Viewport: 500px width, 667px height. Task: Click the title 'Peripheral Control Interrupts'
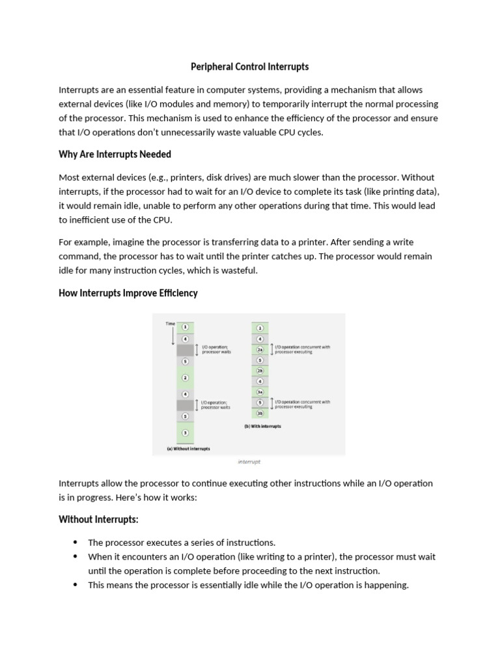pos(249,66)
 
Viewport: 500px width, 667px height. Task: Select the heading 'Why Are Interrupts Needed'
pos(115,154)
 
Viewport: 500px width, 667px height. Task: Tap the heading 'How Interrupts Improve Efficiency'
pos(128,293)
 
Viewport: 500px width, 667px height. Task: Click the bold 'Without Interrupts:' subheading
pos(98,519)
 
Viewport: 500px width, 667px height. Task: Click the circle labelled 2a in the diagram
pos(260,350)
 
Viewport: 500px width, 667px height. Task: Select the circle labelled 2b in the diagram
pos(260,370)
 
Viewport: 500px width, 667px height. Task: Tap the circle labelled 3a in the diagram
pos(260,391)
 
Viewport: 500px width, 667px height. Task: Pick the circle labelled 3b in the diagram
pos(260,413)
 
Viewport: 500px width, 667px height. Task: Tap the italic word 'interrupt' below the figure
pos(249,462)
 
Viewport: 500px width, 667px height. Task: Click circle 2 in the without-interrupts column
pos(185,378)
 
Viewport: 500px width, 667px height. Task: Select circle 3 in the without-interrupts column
pos(185,433)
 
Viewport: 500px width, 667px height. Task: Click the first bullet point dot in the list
pos(76,543)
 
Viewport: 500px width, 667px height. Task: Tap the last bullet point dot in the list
pos(76,585)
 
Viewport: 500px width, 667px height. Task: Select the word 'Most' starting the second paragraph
pos(70,177)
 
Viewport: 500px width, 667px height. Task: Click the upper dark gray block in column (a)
pos(185,350)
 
